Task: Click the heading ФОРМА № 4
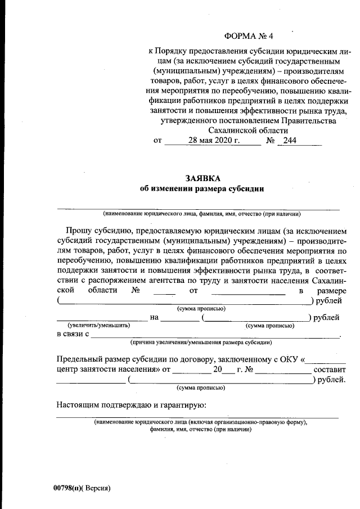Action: coord(248,37)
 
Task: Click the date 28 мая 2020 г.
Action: coord(214,140)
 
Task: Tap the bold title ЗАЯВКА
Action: coord(201,178)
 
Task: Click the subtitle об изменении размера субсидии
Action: coord(201,189)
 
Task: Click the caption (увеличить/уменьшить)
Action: coord(98,326)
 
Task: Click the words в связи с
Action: coord(73,334)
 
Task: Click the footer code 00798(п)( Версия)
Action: coord(79,488)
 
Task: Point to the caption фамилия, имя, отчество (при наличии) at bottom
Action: coord(200,429)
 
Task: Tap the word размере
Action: coord(332,290)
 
